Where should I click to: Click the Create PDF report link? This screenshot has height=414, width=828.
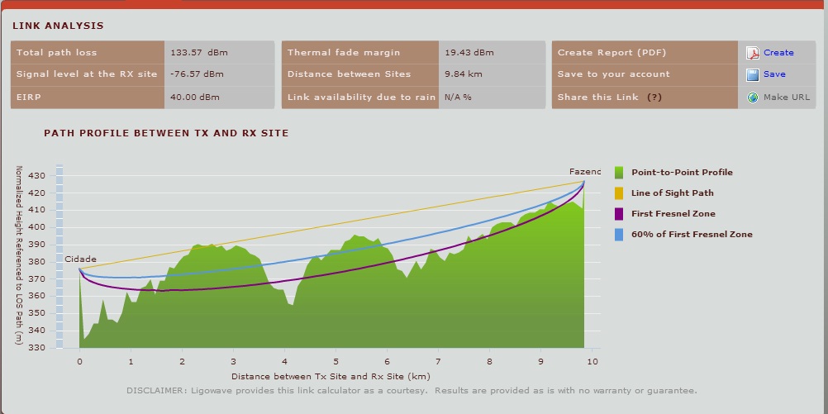point(778,53)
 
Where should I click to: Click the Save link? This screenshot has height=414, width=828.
point(774,74)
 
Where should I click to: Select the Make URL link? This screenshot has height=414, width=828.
point(787,97)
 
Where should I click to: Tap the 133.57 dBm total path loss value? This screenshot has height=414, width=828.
point(199,53)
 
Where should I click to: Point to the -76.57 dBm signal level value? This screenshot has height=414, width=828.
point(197,74)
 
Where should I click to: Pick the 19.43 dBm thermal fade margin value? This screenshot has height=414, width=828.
point(469,53)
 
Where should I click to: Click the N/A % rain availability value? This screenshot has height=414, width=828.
point(458,97)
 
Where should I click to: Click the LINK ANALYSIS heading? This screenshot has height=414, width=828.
point(58,26)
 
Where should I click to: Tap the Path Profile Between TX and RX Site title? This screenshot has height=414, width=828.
point(166,132)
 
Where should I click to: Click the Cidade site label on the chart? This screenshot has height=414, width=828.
point(81,259)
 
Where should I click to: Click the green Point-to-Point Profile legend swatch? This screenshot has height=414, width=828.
point(620,172)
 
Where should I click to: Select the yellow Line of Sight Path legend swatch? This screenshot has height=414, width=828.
point(620,193)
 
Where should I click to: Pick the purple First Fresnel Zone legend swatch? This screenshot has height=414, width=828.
point(620,213)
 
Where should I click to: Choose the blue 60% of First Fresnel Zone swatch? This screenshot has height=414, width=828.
point(620,234)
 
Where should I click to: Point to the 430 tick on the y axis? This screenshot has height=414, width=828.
point(36,176)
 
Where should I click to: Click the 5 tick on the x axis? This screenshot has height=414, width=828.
point(335,362)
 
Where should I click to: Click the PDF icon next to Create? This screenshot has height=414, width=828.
point(752,53)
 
